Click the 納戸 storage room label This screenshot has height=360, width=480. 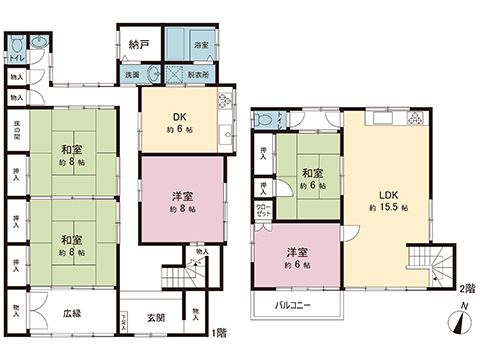[x=139, y=44]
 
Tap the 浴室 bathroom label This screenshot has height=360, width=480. [x=200, y=45]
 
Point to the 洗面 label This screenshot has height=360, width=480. [x=132, y=75]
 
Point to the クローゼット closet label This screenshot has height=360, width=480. [x=263, y=211]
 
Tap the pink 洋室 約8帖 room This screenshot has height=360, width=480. [x=180, y=200]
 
